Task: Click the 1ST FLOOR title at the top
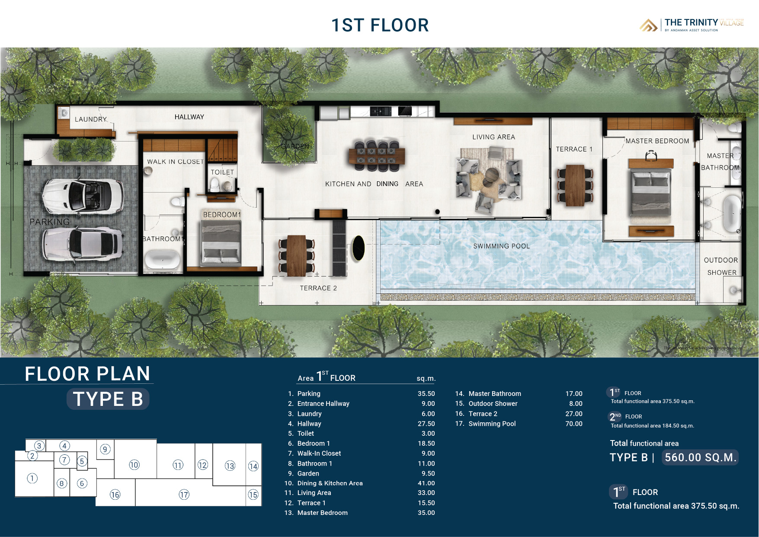tap(380, 25)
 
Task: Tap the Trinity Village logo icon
tap(648, 25)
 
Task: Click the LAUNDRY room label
tap(90, 119)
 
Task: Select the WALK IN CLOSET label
tap(175, 161)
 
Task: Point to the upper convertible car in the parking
tap(82, 195)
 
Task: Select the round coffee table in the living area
tap(492, 175)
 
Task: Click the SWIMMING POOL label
tap(501, 246)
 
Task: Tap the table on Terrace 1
tap(575, 185)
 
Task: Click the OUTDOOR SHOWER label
tap(721, 266)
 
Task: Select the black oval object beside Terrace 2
tap(358, 248)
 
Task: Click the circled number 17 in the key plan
tap(184, 495)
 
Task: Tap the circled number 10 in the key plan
tap(134, 465)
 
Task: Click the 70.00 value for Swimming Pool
tap(573, 424)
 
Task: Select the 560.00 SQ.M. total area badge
tap(700, 457)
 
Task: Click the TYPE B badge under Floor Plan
tap(108, 399)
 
